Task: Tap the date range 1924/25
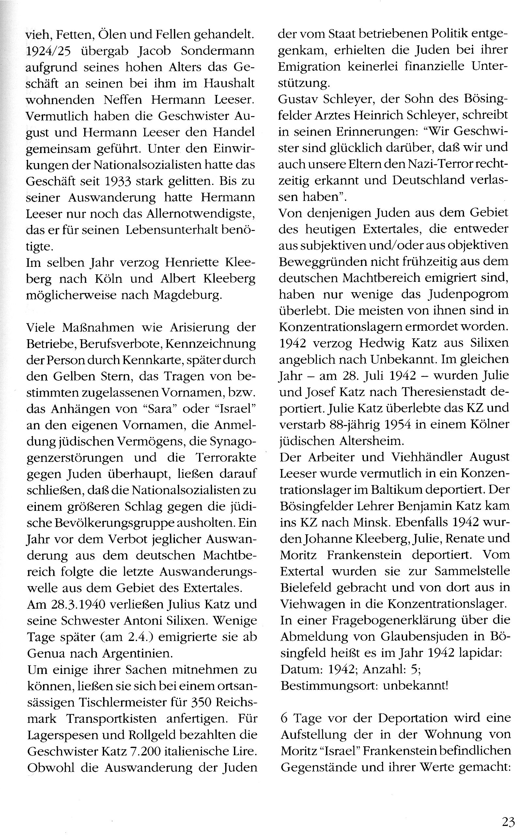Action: click(x=48, y=51)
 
